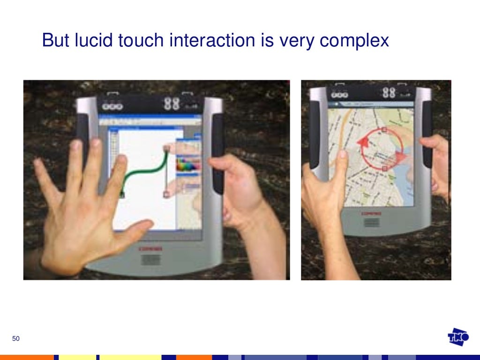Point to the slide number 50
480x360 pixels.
click(16, 339)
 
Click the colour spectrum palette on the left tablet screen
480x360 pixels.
click(187, 165)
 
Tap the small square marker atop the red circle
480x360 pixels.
click(384, 129)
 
